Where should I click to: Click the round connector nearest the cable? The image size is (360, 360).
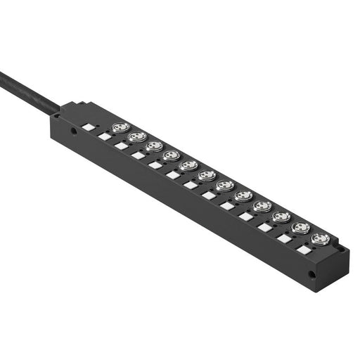coord(121,127)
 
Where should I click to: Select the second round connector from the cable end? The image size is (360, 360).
coord(138,136)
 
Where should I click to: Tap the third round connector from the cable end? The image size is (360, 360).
coord(154,146)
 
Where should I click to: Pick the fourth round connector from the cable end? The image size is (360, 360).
coord(171,155)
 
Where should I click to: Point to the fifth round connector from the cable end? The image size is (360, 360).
coord(188,165)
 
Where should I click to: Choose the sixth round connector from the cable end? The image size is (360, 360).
coord(207,175)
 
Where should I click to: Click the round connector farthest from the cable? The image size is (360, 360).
coord(320,239)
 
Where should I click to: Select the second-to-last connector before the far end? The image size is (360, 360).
coord(301,228)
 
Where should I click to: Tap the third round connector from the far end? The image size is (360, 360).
coord(281,217)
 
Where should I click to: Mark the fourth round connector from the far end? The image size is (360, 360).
coord(262,206)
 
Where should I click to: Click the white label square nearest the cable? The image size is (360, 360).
coord(88,127)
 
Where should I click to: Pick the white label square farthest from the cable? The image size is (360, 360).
coord(304,250)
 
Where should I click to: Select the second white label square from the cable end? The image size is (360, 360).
coord(105,136)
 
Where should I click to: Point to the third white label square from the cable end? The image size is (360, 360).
coord(121,146)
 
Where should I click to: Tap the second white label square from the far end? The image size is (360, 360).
coord(284,239)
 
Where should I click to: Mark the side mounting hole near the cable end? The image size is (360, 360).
coord(72,131)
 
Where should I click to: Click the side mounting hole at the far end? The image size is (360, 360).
coord(310,274)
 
